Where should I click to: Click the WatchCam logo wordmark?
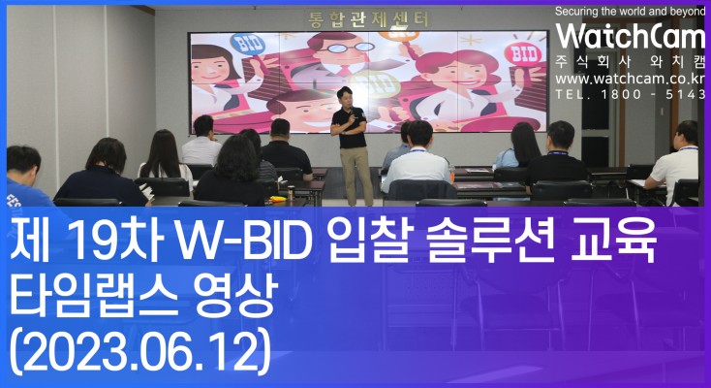click(x=631, y=36)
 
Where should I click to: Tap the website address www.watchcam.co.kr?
click(x=631, y=79)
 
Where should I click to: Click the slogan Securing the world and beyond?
click(x=630, y=12)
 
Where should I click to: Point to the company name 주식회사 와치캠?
click(x=631, y=62)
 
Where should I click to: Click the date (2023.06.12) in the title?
click(x=140, y=352)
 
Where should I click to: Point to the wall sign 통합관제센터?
click(x=368, y=20)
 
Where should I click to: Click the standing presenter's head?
click(x=345, y=96)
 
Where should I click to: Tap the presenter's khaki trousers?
click(x=356, y=176)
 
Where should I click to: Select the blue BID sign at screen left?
click(x=248, y=44)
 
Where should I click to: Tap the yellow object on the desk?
click(x=277, y=199)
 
